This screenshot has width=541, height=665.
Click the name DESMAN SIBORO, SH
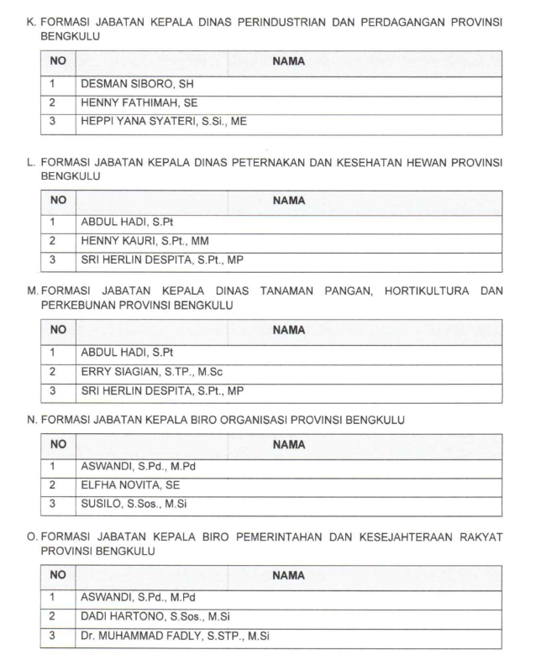click(x=141, y=85)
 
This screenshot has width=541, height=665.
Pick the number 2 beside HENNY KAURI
click(x=52, y=241)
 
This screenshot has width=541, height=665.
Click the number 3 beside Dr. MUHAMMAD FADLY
click(x=52, y=636)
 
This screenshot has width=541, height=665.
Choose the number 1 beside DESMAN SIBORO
click(x=52, y=85)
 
